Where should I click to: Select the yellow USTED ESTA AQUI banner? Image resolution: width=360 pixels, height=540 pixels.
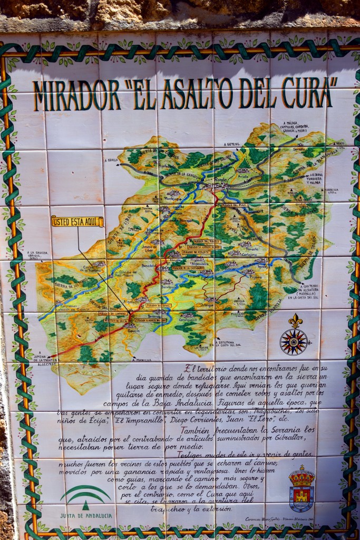(x=77, y=221)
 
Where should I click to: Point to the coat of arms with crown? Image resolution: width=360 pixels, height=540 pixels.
(x=301, y=489)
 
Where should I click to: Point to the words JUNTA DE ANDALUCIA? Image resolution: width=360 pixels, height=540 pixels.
(x=85, y=515)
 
